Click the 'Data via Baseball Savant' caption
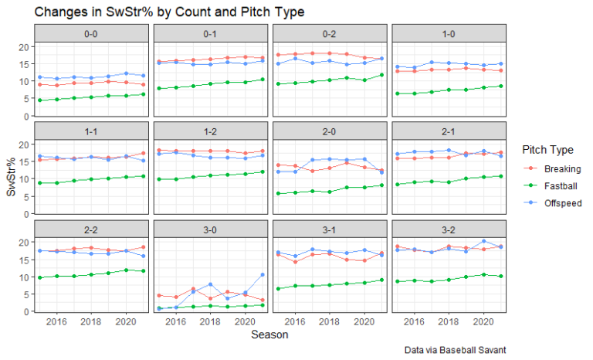pos(455,350)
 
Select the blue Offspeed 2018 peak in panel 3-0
pos(211,284)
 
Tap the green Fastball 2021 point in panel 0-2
pos(382,75)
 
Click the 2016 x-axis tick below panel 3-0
pos(176,321)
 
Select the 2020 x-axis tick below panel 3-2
pos(484,321)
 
